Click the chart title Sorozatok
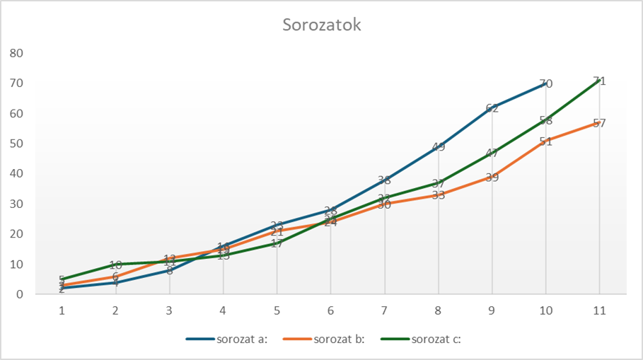(x=322, y=25)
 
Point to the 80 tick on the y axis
(x=16, y=53)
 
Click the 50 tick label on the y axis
(x=16, y=144)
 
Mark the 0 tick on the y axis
(x=20, y=294)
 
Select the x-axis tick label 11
(x=599, y=310)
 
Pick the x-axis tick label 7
(x=384, y=310)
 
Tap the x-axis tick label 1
(x=62, y=310)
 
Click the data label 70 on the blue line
(x=545, y=83)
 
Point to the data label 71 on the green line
(x=599, y=81)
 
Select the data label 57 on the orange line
(x=599, y=123)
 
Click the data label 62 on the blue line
(x=492, y=108)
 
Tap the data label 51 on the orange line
(x=545, y=141)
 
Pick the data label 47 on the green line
(x=492, y=153)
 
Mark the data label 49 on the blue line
(x=438, y=147)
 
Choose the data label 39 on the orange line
(x=492, y=178)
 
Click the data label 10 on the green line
(x=115, y=265)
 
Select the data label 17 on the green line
(x=277, y=243)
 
